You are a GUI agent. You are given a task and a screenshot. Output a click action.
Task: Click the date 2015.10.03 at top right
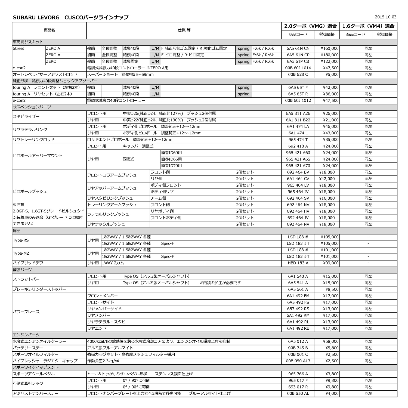(x=385, y=17)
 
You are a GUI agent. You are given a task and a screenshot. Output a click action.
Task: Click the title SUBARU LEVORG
(x=36, y=17)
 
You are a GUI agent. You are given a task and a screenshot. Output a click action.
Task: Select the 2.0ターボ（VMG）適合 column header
(x=310, y=26)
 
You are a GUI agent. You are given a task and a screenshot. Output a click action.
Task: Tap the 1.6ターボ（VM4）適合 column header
(x=368, y=26)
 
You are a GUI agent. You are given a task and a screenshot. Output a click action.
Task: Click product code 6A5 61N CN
(x=298, y=48)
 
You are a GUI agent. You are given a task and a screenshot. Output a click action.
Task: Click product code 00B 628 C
(x=298, y=75)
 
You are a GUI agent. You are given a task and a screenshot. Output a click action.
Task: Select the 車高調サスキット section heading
(x=28, y=42)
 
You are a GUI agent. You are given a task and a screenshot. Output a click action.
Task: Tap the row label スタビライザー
(x=26, y=117)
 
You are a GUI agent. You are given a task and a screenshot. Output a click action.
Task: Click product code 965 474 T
(x=298, y=140)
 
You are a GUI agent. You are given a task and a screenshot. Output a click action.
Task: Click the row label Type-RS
(x=21, y=240)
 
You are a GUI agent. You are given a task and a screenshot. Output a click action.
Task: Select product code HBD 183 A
(x=298, y=263)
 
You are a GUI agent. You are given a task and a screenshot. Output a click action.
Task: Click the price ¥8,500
(x=332, y=289)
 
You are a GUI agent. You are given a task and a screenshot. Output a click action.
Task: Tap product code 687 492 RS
(x=298, y=309)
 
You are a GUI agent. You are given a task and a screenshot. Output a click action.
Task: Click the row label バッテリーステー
(x=28, y=348)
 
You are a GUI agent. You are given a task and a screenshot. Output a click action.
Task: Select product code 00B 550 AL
(x=298, y=394)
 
